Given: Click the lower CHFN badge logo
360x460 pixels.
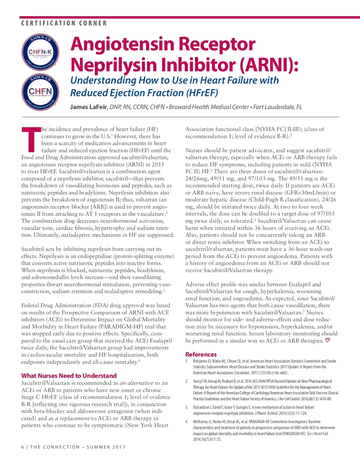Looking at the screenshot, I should click(x=40, y=91).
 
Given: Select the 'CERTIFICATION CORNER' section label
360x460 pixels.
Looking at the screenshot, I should click(x=64, y=23).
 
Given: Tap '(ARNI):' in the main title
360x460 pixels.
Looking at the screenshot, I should click(x=269, y=64).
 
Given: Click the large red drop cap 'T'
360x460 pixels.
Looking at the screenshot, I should click(x=31, y=139).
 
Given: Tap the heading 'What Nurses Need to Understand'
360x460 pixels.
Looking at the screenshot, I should click(x=69, y=376).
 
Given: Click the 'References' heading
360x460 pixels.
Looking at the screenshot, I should click(x=201, y=355).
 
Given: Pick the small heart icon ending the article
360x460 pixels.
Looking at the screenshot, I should click(x=328, y=340).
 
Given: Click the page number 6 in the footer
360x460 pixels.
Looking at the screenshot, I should click(x=23, y=447).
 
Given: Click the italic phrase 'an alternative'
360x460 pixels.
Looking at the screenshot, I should click(x=136, y=383).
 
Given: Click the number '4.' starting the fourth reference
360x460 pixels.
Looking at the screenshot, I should click(x=187, y=422).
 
